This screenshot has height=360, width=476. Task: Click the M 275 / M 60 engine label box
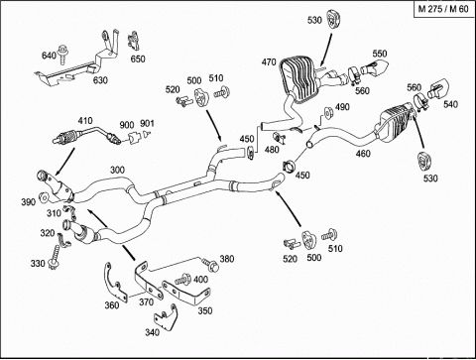443,9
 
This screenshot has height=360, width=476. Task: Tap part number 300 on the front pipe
117,170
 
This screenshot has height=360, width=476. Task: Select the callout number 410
85,121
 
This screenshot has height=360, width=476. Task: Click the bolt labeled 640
61,54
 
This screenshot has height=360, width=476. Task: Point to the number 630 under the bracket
100,80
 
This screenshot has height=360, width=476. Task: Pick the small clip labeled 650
133,41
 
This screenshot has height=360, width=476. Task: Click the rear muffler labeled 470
300,79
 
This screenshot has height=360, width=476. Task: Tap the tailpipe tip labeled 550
375,67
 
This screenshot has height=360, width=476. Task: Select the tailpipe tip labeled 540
438,88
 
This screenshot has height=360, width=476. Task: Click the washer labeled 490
327,113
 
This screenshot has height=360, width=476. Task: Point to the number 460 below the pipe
363,154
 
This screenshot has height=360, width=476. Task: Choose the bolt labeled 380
210,265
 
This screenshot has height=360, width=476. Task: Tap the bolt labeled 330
55,258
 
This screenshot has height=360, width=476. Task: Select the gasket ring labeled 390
44,197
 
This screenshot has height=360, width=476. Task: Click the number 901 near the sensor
147,123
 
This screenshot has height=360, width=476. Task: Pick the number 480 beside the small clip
272,150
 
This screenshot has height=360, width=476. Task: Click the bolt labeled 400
182,280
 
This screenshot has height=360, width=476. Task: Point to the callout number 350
205,310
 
